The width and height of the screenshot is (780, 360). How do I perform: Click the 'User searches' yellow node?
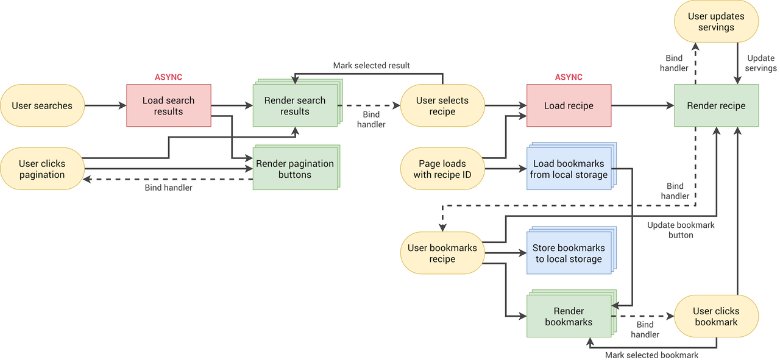pyautogui.click(x=42, y=105)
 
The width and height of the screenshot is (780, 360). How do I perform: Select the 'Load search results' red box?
pyautogui.click(x=169, y=105)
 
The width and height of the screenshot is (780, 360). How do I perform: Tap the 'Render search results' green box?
pyautogui.click(x=295, y=105)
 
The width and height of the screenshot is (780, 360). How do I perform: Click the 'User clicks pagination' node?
pyautogui.click(x=42, y=169)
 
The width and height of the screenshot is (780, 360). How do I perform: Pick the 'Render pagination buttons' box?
pyautogui.click(x=295, y=169)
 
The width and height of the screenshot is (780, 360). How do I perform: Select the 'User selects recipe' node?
pyautogui.click(x=442, y=105)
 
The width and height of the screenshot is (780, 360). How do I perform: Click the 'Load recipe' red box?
pyautogui.click(x=569, y=105)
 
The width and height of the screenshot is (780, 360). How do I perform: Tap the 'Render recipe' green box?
pyautogui.click(x=716, y=105)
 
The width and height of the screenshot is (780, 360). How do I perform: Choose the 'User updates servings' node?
pyautogui.click(x=716, y=22)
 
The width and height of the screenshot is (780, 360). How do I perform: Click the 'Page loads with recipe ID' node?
pyautogui.click(x=442, y=169)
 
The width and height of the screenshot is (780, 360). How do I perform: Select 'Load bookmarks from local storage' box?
pyautogui.click(x=569, y=169)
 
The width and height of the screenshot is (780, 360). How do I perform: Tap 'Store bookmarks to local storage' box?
pyautogui.click(x=569, y=253)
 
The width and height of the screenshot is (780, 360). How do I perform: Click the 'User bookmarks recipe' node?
pyautogui.click(x=442, y=253)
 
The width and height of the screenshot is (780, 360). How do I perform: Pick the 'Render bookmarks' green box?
pyautogui.click(x=569, y=316)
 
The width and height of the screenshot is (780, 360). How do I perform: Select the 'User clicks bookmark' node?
pyautogui.click(x=716, y=316)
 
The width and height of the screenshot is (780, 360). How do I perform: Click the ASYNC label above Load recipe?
pyautogui.click(x=569, y=77)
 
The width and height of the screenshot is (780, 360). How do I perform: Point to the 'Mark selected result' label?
pyautogui.click(x=371, y=65)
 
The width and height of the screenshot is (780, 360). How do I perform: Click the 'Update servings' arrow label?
pyautogui.click(x=761, y=63)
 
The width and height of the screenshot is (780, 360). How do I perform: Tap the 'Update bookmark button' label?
pyautogui.click(x=681, y=230)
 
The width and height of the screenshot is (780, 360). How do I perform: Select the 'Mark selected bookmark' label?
pyautogui.click(x=651, y=355)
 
